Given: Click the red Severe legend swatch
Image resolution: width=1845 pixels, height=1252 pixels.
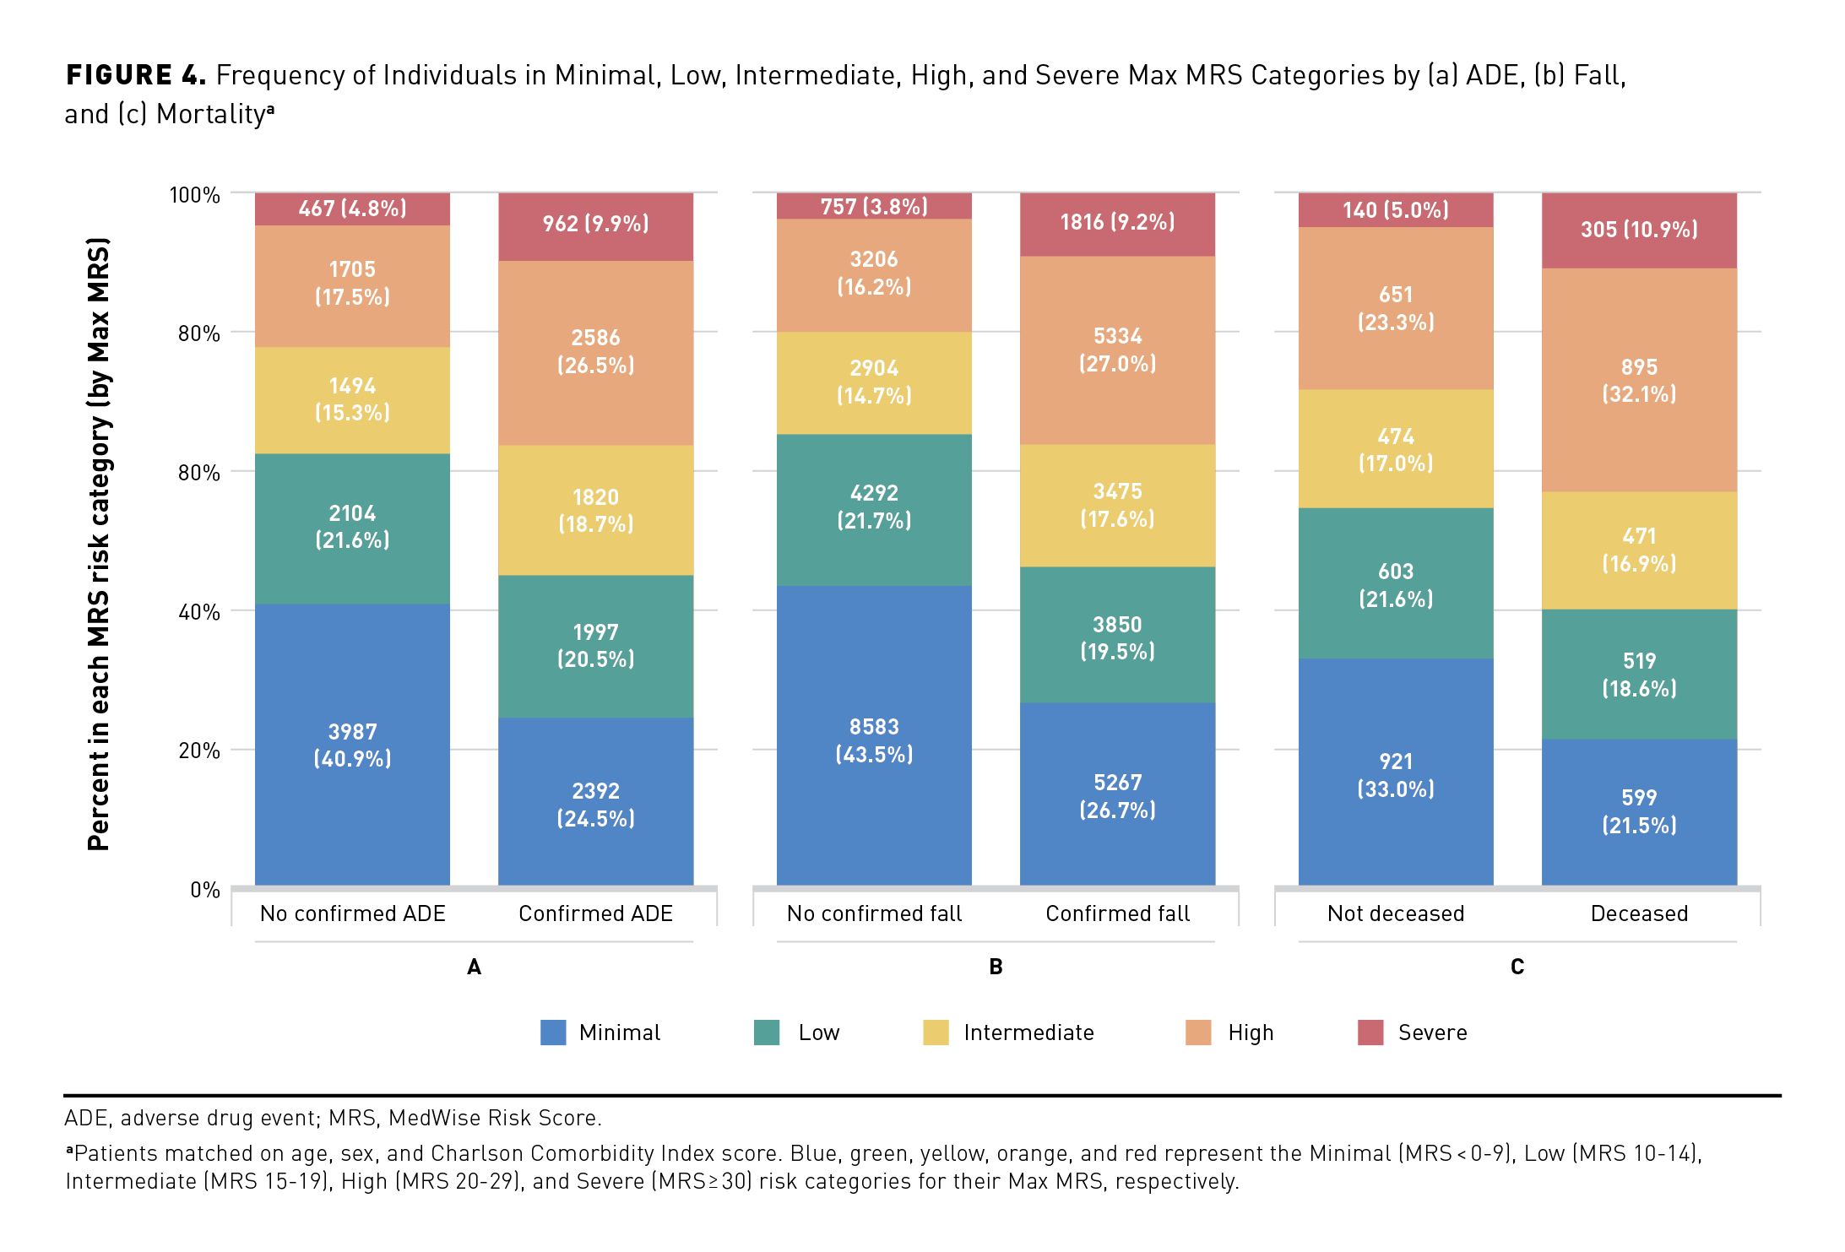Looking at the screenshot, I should click(x=1370, y=1032).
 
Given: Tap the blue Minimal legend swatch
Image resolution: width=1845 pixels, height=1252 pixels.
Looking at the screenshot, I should click(x=552, y=1032).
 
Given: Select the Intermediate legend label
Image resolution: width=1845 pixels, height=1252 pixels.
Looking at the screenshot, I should click(x=1028, y=1032).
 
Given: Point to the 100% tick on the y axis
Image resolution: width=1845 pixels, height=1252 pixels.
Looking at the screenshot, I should click(x=195, y=195).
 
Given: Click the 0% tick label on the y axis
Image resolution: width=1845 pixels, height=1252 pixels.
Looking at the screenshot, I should click(x=204, y=890).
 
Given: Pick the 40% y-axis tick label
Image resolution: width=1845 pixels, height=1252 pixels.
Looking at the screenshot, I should click(x=198, y=612).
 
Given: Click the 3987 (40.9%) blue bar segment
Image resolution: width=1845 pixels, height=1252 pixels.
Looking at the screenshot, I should click(x=352, y=745).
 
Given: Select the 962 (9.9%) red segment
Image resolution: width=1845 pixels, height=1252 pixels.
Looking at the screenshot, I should click(x=595, y=225).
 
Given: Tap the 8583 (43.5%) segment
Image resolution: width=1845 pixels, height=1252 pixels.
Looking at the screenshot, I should click(x=874, y=740).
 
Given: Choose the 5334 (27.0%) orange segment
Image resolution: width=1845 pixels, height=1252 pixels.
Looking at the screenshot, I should click(x=1117, y=350).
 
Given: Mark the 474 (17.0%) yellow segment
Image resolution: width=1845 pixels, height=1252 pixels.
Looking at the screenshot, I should click(x=1395, y=449).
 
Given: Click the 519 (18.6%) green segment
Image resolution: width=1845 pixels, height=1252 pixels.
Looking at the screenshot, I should click(x=1638, y=675).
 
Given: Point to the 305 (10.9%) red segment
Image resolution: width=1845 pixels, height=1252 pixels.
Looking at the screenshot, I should click(x=1638, y=230).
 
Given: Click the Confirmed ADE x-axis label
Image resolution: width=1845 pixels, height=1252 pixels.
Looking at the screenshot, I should click(x=595, y=913).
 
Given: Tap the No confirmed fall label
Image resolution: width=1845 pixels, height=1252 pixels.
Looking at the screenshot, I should click(x=874, y=913).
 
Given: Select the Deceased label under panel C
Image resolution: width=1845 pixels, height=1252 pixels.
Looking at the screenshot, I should click(x=1638, y=913).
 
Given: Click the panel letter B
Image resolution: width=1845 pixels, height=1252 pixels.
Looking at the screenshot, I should click(x=996, y=967).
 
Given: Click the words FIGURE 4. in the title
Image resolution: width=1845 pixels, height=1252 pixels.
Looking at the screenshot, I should click(x=135, y=75).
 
